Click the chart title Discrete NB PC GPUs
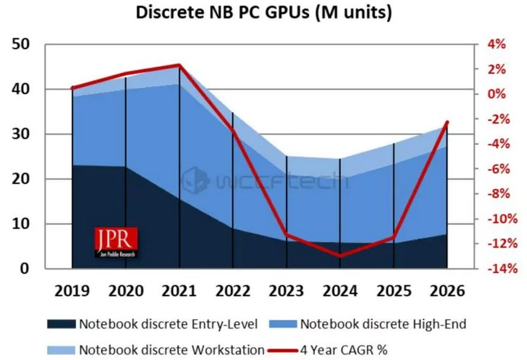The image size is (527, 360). coord(263,13)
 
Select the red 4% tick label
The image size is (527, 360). coord(496,44)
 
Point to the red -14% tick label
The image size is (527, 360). coord(492,269)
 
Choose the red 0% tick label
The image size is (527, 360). coord(496,94)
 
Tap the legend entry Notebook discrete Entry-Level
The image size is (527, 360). coord(153,324)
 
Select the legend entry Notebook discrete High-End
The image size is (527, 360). coord(374,324)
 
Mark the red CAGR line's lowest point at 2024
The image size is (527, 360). coord(340,256)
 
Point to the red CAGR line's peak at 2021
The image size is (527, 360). coord(179,65)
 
